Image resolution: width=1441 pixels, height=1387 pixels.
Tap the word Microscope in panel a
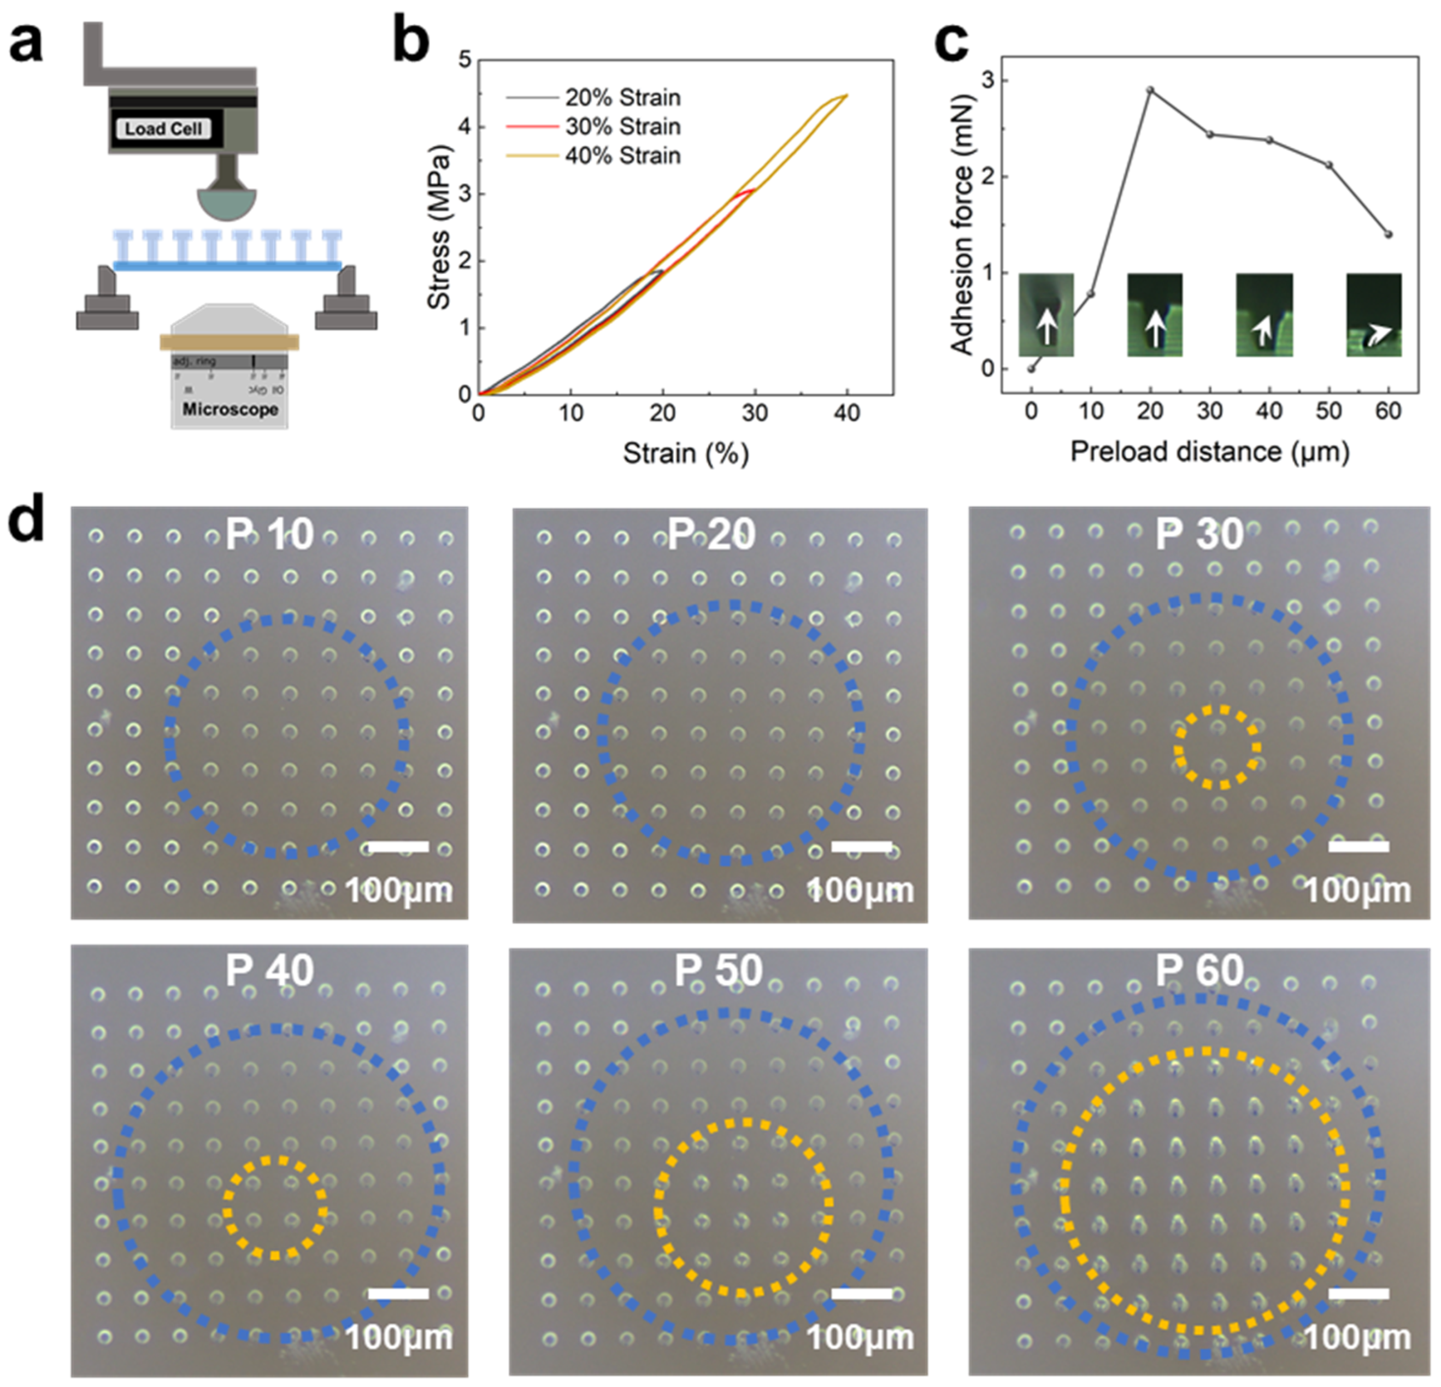pos(230,409)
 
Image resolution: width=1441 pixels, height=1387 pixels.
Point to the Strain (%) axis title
pos(685,453)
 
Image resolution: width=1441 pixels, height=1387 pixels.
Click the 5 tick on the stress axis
pos(464,59)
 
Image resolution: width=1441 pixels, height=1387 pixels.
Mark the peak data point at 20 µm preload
pos(1151,90)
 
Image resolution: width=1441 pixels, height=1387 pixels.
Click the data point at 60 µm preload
pos(1388,234)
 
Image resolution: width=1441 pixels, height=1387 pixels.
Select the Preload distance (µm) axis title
pos(1209,451)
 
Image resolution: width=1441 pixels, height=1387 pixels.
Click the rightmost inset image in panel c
pos(1373,315)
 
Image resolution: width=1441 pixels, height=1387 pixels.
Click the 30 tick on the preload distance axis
pos(1209,411)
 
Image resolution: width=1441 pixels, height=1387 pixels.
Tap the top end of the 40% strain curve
pos(847,95)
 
